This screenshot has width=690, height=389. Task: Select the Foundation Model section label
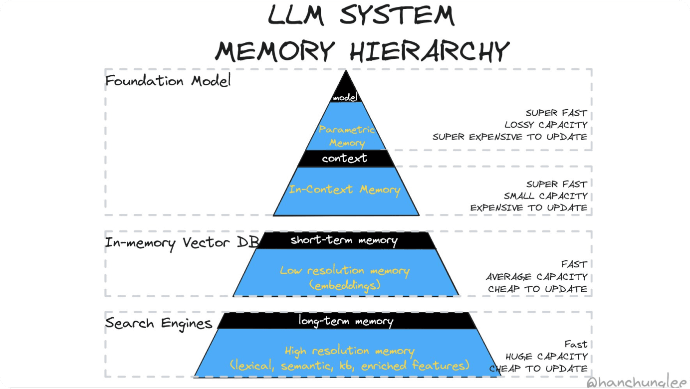click(168, 81)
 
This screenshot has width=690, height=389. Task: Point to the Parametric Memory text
click(347, 136)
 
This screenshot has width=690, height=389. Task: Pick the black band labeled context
click(345, 159)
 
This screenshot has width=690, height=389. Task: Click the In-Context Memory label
click(345, 190)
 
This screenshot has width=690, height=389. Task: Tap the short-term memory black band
click(344, 240)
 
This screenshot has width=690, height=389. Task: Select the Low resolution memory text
click(345, 271)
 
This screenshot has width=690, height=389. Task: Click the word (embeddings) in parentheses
click(345, 285)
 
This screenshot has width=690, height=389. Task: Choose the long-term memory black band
click(346, 321)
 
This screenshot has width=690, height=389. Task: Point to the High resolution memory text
click(349, 351)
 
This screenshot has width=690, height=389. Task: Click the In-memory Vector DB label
click(182, 243)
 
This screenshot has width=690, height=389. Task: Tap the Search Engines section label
click(159, 323)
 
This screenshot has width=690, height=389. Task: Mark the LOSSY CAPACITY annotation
click(546, 125)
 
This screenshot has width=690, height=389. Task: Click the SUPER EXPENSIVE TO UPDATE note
click(509, 137)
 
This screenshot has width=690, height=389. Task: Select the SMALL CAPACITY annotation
click(545, 196)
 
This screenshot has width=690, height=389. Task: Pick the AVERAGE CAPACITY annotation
click(536, 277)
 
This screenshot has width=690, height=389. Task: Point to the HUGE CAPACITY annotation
click(546, 357)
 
